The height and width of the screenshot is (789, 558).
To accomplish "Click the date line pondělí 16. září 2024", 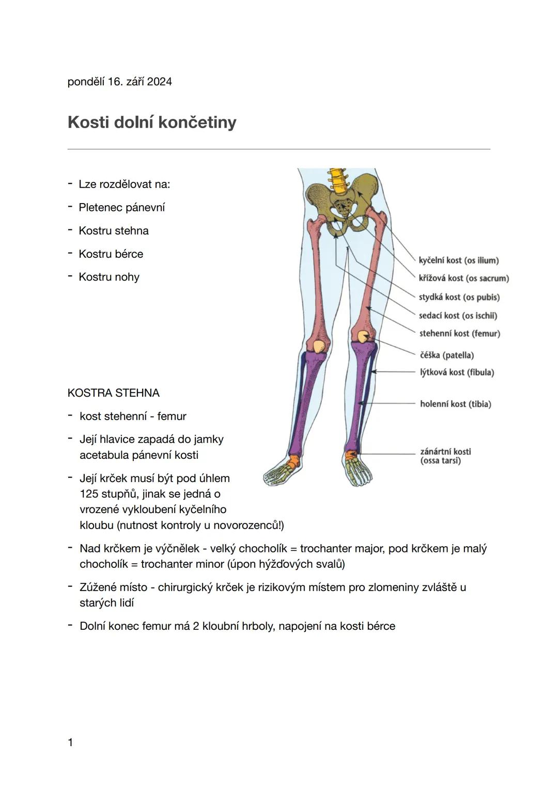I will pyautogui.click(x=119, y=82).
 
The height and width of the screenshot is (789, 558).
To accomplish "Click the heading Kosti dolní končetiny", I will pyautogui.click(x=152, y=122).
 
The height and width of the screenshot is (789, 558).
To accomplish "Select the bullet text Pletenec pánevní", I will pyautogui.click(x=121, y=208).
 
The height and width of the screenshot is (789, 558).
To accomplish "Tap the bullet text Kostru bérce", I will pyautogui.click(x=111, y=254).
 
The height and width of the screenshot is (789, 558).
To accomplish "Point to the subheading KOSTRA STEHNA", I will pyautogui.click(x=113, y=393).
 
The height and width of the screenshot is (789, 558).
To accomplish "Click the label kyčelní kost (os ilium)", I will pyautogui.click(x=458, y=260).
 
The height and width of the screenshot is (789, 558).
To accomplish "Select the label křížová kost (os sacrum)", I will pyautogui.click(x=463, y=279).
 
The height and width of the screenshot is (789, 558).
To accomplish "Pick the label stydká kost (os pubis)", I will pyautogui.click(x=459, y=297).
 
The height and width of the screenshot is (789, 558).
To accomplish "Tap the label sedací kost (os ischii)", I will pyautogui.click(x=458, y=316).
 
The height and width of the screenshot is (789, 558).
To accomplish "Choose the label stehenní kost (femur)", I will pyautogui.click(x=459, y=334).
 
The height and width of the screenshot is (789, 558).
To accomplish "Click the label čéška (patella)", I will pyautogui.click(x=446, y=355).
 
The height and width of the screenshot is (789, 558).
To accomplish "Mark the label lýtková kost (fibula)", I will pyautogui.click(x=457, y=373).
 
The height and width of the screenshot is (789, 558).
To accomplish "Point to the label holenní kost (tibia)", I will pyautogui.click(x=455, y=404).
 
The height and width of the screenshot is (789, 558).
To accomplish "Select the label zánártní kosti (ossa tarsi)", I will pyautogui.click(x=445, y=456).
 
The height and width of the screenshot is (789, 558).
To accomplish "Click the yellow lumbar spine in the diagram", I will pyautogui.click(x=338, y=180).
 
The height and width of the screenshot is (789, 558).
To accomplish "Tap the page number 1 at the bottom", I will pyautogui.click(x=70, y=742).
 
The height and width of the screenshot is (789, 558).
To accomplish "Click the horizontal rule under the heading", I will pyautogui.click(x=278, y=149).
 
